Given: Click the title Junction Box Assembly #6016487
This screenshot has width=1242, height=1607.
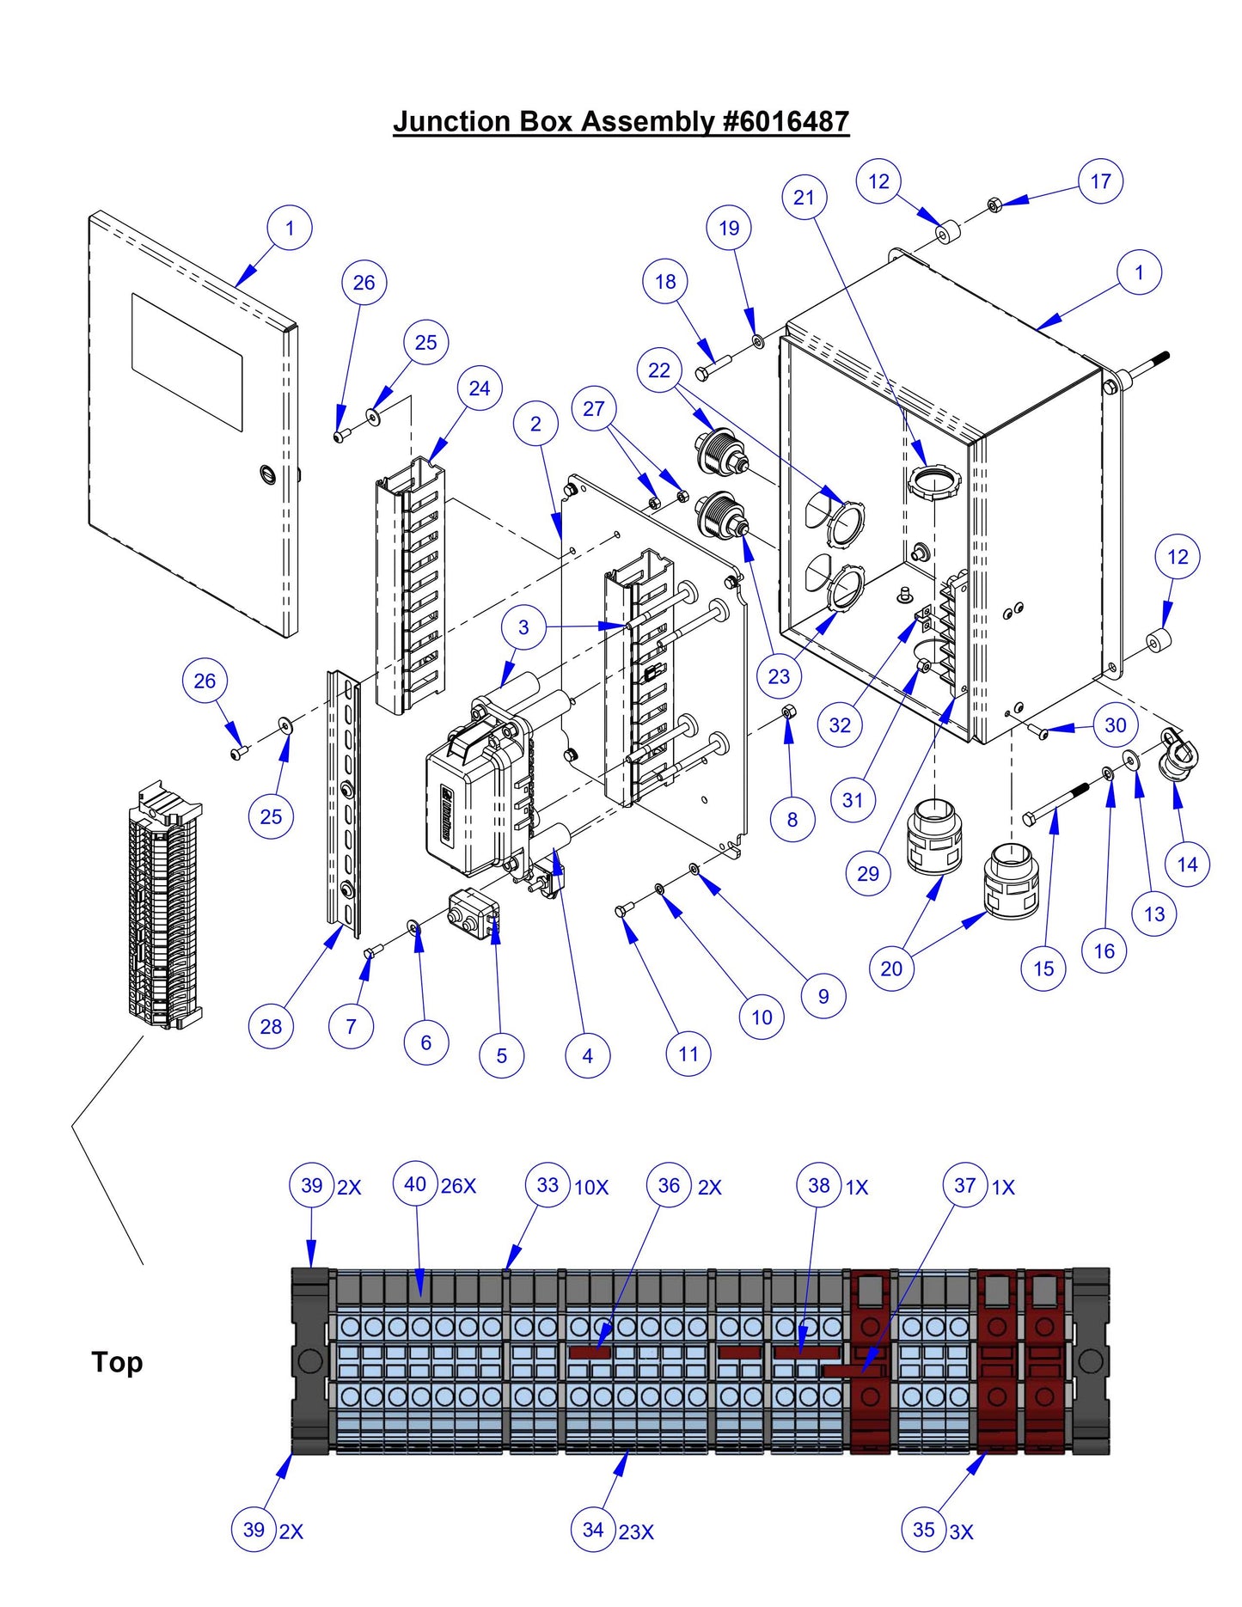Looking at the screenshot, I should pyautogui.click(x=621, y=122).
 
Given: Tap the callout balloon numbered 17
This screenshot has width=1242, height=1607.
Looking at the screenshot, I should pyautogui.click(x=1100, y=181).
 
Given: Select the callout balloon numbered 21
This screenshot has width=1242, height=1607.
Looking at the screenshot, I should pyautogui.click(x=804, y=198).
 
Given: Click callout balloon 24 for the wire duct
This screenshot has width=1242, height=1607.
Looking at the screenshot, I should pyautogui.click(x=480, y=388).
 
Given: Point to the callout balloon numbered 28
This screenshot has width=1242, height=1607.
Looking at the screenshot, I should pyautogui.click(x=271, y=1026).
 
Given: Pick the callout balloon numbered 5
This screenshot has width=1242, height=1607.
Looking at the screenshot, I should pyautogui.click(x=502, y=1055).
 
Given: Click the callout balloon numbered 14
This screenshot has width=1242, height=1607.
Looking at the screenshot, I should pyautogui.click(x=1187, y=865).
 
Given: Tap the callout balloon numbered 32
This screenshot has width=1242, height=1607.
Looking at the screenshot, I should pyautogui.click(x=840, y=725).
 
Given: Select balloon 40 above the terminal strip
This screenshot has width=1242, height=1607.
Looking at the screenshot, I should pyautogui.click(x=415, y=1184).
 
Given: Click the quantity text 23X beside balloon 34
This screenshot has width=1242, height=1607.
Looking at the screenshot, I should pyautogui.click(x=636, y=1532).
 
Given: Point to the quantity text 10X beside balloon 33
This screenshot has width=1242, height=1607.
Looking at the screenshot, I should pyautogui.click(x=591, y=1188).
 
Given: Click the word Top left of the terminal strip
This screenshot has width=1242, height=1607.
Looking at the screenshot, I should pyautogui.click(x=117, y=1362).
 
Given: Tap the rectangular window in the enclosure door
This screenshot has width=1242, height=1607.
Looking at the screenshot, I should pyautogui.click(x=187, y=362).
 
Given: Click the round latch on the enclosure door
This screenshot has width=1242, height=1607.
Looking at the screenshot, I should pyautogui.click(x=266, y=474).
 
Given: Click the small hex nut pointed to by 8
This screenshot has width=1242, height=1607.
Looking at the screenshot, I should pyautogui.click(x=787, y=712).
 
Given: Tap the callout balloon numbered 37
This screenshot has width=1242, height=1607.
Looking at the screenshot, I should pyautogui.click(x=964, y=1185).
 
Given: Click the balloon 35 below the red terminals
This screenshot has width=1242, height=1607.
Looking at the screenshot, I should pyautogui.click(x=924, y=1530).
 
